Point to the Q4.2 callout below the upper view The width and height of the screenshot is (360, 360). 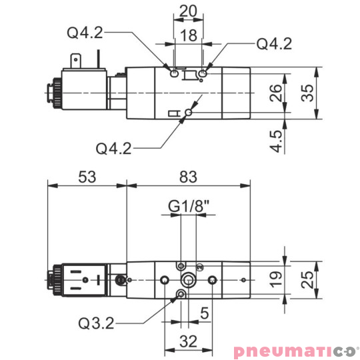[x=114, y=147]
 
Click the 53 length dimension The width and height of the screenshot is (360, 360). [x=87, y=177]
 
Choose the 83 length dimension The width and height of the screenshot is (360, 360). [x=189, y=177]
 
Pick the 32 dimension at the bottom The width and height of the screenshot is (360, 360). [x=189, y=342]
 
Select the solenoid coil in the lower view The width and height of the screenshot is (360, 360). [x=83, y=279]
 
